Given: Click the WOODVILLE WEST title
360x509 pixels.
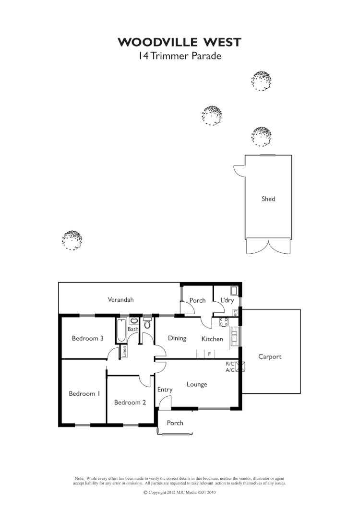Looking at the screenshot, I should click(x=180, y=43).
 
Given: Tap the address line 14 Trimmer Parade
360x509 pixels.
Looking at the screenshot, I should click(x=180, y=56).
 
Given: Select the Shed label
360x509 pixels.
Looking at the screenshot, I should click(x=268, y=199).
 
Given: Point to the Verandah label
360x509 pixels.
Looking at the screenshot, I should click(x=120, y=300).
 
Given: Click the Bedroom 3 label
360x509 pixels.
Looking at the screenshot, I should click(x=88, y=338).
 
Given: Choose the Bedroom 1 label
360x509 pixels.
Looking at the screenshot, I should click(x=84, y=394).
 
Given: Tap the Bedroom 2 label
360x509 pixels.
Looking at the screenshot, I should click(x=130, y=402).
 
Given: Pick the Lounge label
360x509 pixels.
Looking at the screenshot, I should click(x=197, y=384).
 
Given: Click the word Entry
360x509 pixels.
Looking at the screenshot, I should click(x=165, y=390).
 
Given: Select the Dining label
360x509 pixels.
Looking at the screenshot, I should click(x=177, y=338).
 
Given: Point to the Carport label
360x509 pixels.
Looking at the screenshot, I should click(x=270, y=357).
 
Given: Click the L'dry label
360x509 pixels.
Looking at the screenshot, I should click(x=227, y=300).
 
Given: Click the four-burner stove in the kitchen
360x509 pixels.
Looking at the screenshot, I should click(x=223, y=322).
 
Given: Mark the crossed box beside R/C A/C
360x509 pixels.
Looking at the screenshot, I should click(x=241, y=367).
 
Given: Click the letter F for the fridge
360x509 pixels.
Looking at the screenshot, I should click(x=209, y=354).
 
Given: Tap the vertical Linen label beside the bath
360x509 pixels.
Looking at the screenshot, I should click(x=124, y=352).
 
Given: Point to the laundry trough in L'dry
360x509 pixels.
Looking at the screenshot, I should click(x=234, y=290).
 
